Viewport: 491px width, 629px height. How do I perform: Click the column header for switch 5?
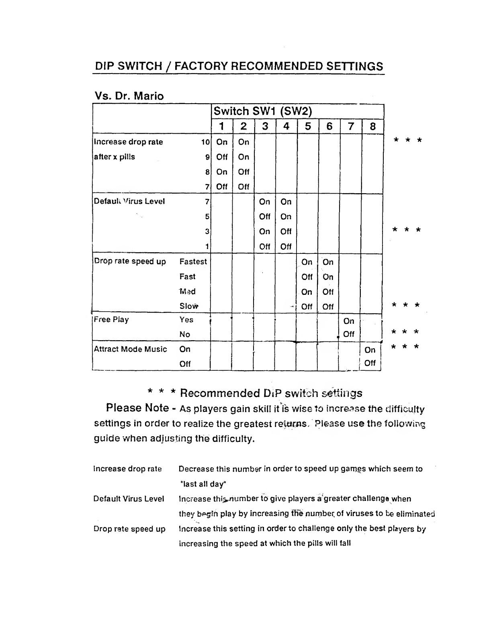[308, 127]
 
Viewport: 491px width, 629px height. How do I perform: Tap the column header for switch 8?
[373, 127]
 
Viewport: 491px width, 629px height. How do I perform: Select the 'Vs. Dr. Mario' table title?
[129, 96]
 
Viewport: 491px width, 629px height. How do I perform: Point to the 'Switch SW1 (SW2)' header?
[262, 111]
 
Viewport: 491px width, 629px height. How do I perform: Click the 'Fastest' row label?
[193, 261]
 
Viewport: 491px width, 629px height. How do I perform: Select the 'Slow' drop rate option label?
[189, 306]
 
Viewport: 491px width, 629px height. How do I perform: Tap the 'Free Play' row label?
[111, 320]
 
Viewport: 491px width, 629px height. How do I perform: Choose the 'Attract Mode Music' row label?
[130, 349]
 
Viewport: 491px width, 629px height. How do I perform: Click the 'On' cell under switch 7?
[349, 321]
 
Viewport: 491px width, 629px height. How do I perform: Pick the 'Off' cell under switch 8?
[370, 363]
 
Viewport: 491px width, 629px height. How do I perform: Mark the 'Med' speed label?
[187, 291]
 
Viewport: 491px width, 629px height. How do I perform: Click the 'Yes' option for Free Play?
[186, 320]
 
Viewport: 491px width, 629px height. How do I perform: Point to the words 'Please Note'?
[137, 408]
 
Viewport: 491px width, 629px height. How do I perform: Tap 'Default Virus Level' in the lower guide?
[129, 499]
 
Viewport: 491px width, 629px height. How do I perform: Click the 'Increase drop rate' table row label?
[128, 142]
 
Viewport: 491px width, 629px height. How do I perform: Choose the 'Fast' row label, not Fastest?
[187, 276]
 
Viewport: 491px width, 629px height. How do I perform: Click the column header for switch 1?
[222, 127]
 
